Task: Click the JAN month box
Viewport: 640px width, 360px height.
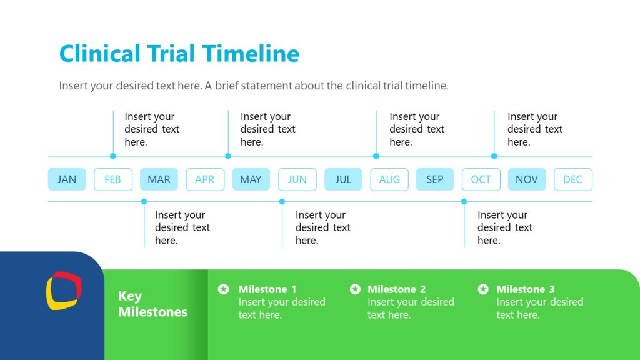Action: (67, 179)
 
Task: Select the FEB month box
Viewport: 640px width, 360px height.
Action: (113, 179)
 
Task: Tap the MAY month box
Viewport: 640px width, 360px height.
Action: (251, 179)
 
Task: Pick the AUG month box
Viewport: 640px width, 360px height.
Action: (389, 179)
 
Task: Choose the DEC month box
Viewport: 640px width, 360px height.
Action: (572, 179)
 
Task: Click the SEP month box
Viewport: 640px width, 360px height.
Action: (435, 179)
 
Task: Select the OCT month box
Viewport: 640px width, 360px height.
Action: (481, 179)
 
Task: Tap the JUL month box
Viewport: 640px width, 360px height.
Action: (343, 179)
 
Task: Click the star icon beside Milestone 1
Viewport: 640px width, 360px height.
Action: (223, 289)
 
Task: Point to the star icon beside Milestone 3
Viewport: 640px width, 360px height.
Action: (483, 289)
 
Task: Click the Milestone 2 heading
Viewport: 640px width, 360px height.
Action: (396, 289)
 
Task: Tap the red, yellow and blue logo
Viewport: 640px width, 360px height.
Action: (64, 291)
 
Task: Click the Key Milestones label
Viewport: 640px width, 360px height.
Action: (152, 304)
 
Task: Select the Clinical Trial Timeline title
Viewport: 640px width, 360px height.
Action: (179, 53)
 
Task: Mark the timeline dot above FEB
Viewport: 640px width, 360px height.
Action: (113, 156)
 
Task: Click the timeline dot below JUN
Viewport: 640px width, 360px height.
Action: (282, 201)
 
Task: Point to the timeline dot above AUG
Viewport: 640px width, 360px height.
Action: (376, 156)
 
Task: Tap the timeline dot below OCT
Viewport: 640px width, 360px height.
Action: (464, 201)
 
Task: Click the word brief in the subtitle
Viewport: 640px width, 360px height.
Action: (231, 86)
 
